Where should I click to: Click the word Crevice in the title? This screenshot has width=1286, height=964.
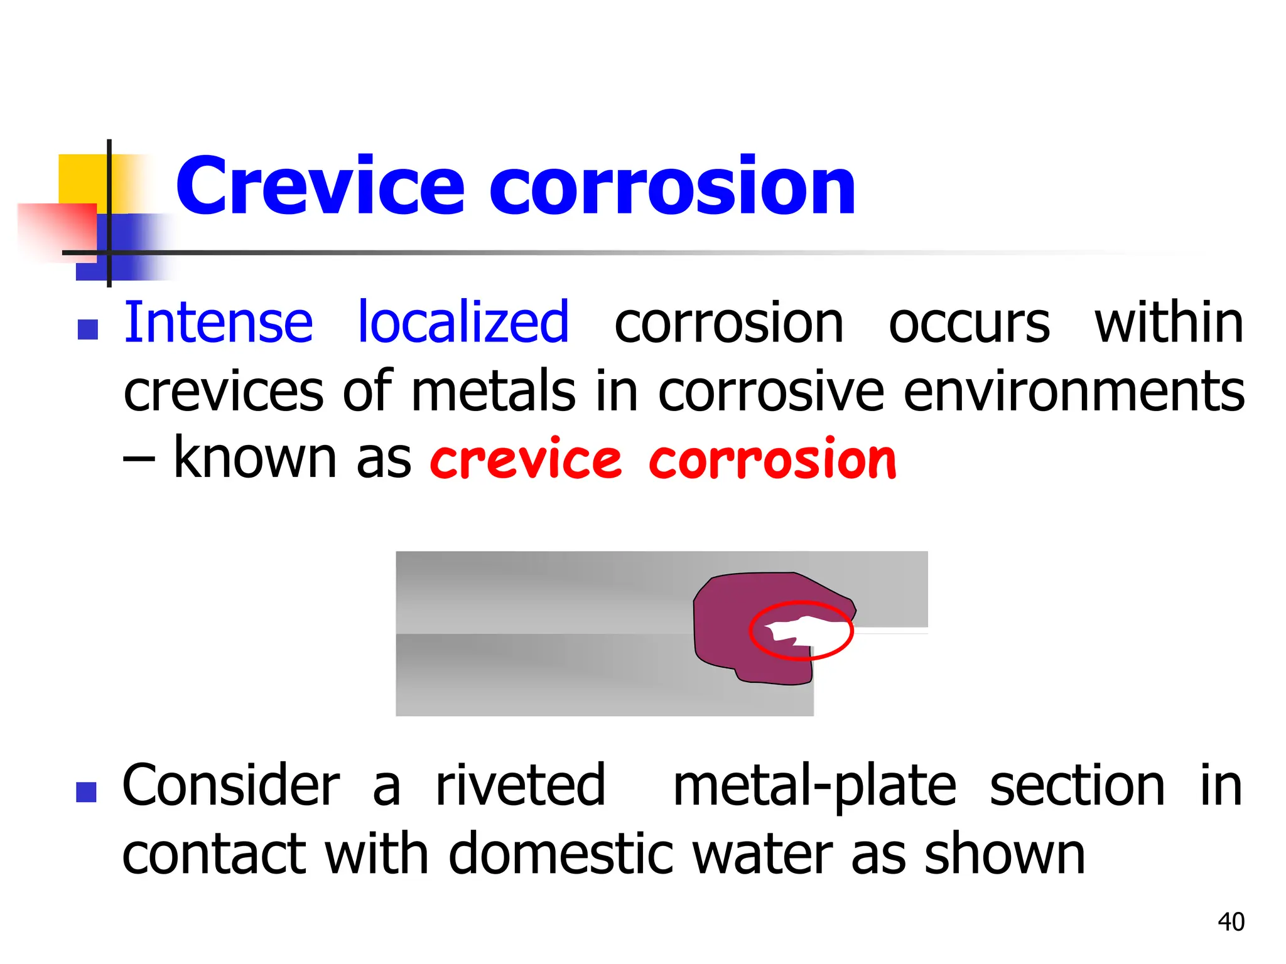click(x=320, y=186)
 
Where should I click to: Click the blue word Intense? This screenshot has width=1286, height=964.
click(x=219, y=323)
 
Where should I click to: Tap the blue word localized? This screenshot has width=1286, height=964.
click(x=463, y=323)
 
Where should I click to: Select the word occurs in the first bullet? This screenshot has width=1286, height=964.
click(x=969, y=324)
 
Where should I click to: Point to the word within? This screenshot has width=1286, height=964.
click(x=1169, y=323)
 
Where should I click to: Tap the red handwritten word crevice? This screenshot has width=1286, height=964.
click(x=526, y=460)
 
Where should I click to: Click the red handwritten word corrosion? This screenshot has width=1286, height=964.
click(x=772, y=460)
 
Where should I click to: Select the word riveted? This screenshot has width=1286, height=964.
click(x=521, y=786)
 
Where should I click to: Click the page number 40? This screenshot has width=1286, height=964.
click(x=1231, y=922)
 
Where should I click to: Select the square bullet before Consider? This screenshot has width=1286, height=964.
click(x=86, y=792)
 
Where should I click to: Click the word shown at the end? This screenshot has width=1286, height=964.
click(x=1005, y=854)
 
